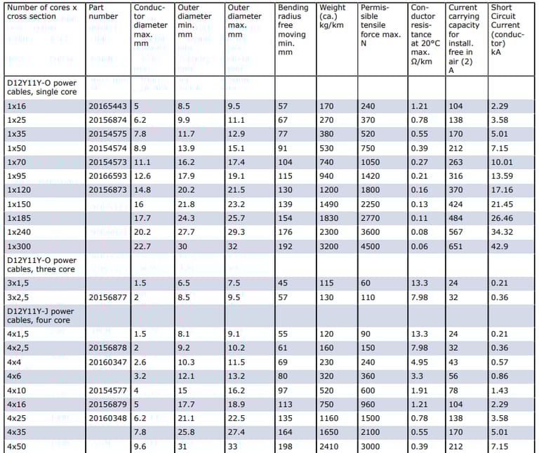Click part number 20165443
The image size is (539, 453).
pos(107,106)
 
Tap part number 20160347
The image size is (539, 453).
pos(107,361)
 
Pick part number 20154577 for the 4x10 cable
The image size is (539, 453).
pos(107,389)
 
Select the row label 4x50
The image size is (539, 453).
pos(18,446)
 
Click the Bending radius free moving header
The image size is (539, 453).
pos(293,29)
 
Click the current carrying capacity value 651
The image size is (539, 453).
pos(456,246)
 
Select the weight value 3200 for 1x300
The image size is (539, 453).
pos(330,246)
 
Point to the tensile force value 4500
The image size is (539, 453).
pos(371,246)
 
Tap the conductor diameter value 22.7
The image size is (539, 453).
pos(143,246)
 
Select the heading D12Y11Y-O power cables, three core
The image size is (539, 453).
pos(41,265)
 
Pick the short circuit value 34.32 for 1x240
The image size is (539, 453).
pos(503,232)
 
